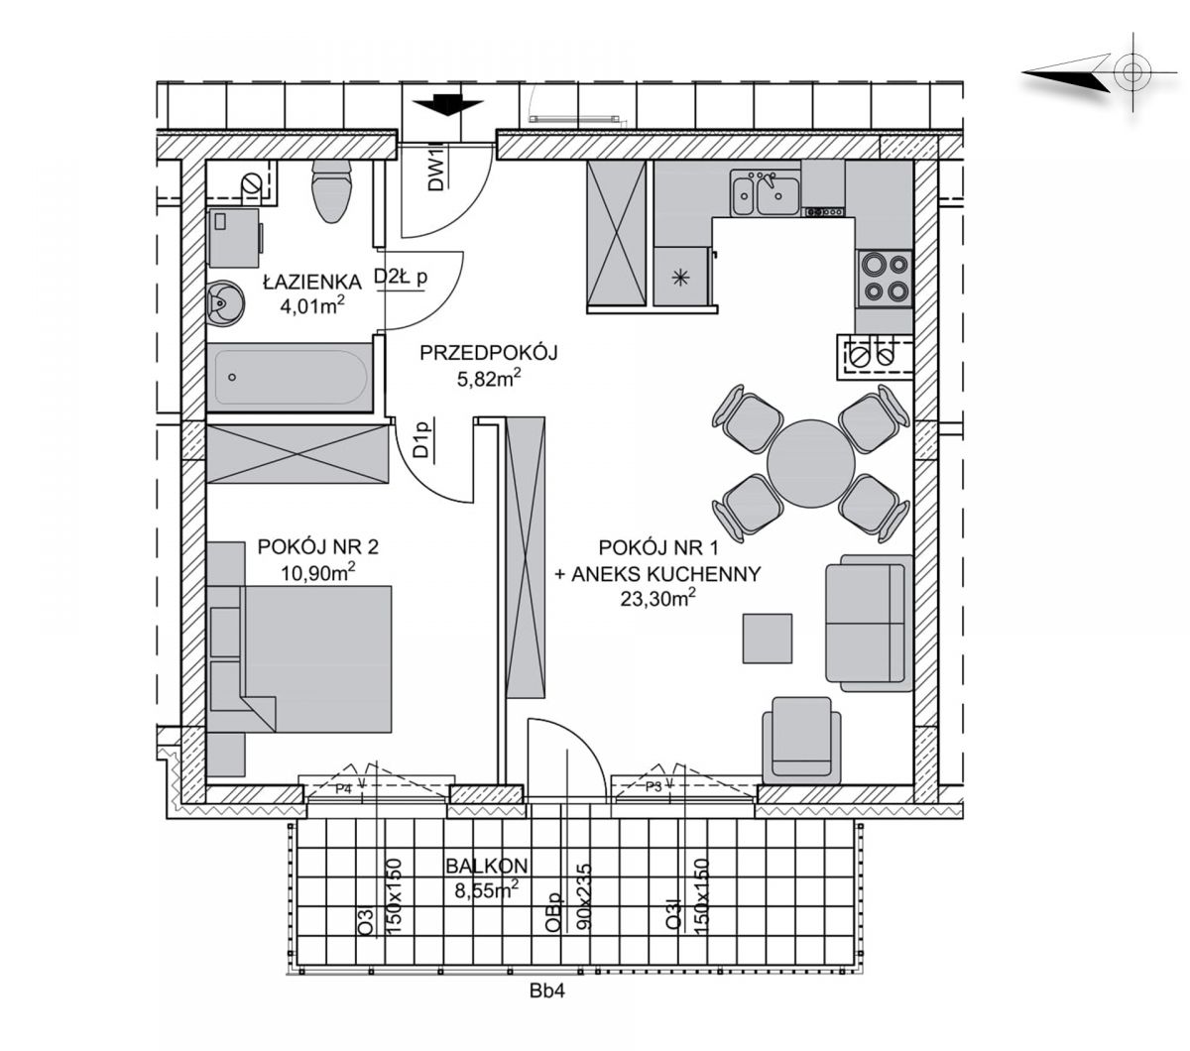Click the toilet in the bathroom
coord(332,190)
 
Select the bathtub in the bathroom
coord(291,377)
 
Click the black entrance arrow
coord(447,105)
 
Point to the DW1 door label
coord(435,170)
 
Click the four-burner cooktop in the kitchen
coord(884,278)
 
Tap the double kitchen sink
coord(766,193)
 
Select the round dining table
coord(810,463)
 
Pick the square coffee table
coord(768,639)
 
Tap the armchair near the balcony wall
coord(801,741)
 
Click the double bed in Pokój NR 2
coord(299,658)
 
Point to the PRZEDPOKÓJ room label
coord(488,353)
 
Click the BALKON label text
coord(486,866)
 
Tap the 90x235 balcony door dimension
coord(584,896)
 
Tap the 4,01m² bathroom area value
coord(312,306)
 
